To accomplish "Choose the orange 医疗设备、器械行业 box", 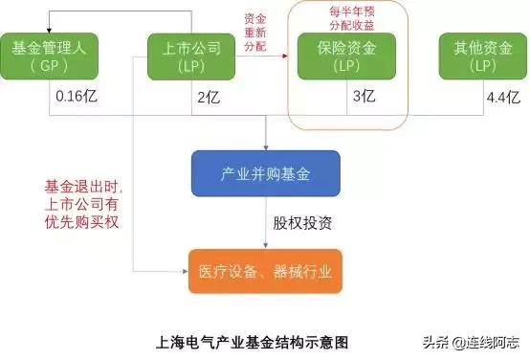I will click(265, 271).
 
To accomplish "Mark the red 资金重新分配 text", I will click(254, 34).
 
